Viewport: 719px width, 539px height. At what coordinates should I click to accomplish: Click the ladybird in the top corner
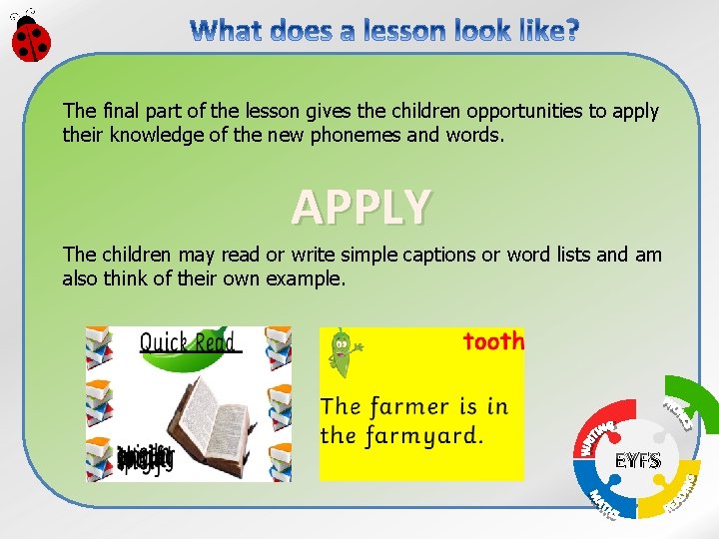31,36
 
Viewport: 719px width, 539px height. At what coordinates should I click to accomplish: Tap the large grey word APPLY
361,207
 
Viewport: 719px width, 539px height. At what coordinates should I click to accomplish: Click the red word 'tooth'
493,341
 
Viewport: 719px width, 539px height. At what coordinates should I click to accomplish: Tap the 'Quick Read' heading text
189,342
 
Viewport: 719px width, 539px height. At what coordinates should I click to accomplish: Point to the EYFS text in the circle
637,461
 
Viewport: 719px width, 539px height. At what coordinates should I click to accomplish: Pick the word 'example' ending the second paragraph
305,278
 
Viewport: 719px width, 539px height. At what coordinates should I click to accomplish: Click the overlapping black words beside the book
145,458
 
